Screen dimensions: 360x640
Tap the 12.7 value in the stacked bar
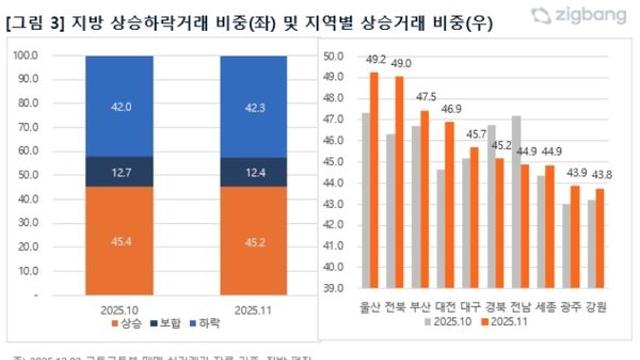point(120,173)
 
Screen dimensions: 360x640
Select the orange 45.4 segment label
point(120,239)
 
